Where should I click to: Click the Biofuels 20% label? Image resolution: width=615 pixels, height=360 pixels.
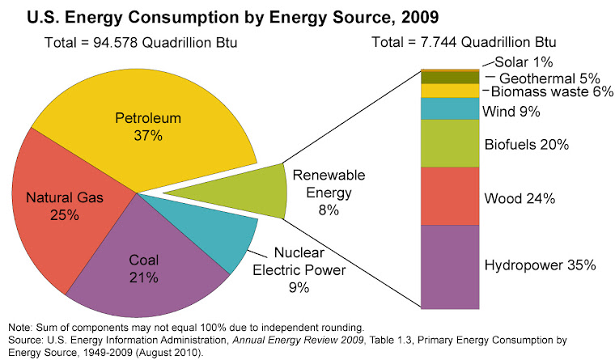526,145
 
